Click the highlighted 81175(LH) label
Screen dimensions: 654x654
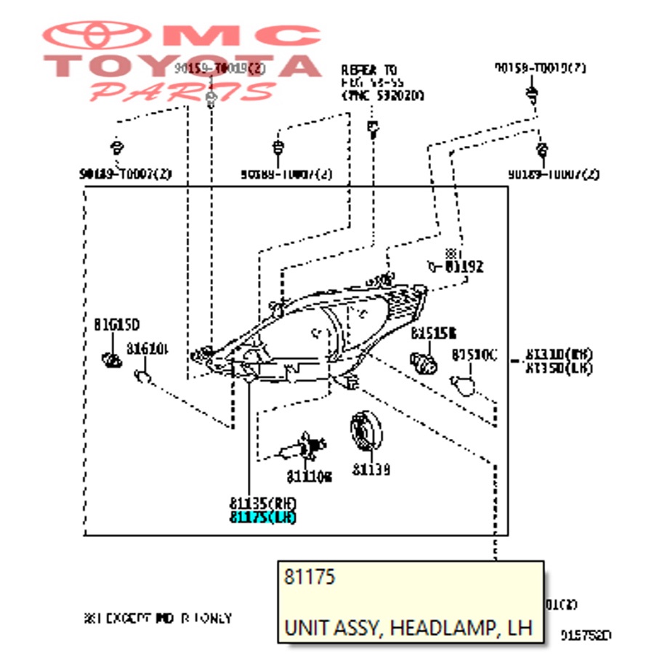[x=262, y=517]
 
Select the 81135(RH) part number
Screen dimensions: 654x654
[x=262, y=503]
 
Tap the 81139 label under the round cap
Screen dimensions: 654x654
[x=371, y=470]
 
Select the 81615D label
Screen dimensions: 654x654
[x=116, y=324]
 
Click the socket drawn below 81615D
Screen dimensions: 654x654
[x=111, y=358]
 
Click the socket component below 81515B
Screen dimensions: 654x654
[x=424, y=360]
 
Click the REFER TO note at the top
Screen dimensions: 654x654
[x=370, y=70]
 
